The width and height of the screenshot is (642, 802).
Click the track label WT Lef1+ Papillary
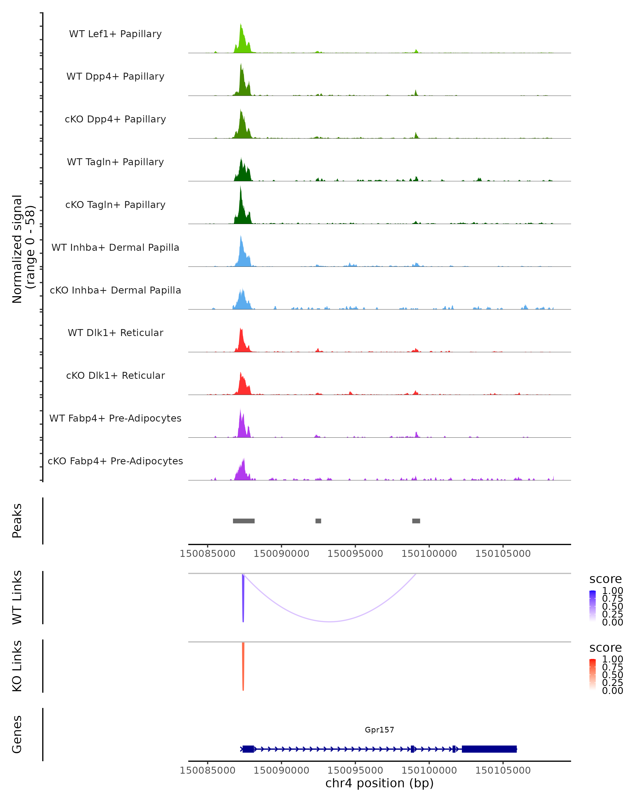(115, 34)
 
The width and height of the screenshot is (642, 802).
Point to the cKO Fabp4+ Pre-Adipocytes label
(115, 461)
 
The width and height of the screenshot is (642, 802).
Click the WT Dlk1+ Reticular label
(115, 333)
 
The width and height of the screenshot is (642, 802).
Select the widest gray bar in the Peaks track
(244, 521)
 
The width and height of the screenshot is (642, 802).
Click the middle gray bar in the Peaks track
(318, 521)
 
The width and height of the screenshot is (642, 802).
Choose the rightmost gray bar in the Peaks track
(416, 521)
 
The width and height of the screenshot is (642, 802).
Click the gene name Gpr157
(379, 730)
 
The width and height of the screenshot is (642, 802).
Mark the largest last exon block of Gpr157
(489, 749)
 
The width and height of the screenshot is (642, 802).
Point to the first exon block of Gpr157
(248, 749)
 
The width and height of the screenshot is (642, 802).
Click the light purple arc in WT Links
(330, 621)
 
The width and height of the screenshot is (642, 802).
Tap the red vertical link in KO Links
(243, 666)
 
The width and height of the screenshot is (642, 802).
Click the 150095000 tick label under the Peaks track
(355, 554)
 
